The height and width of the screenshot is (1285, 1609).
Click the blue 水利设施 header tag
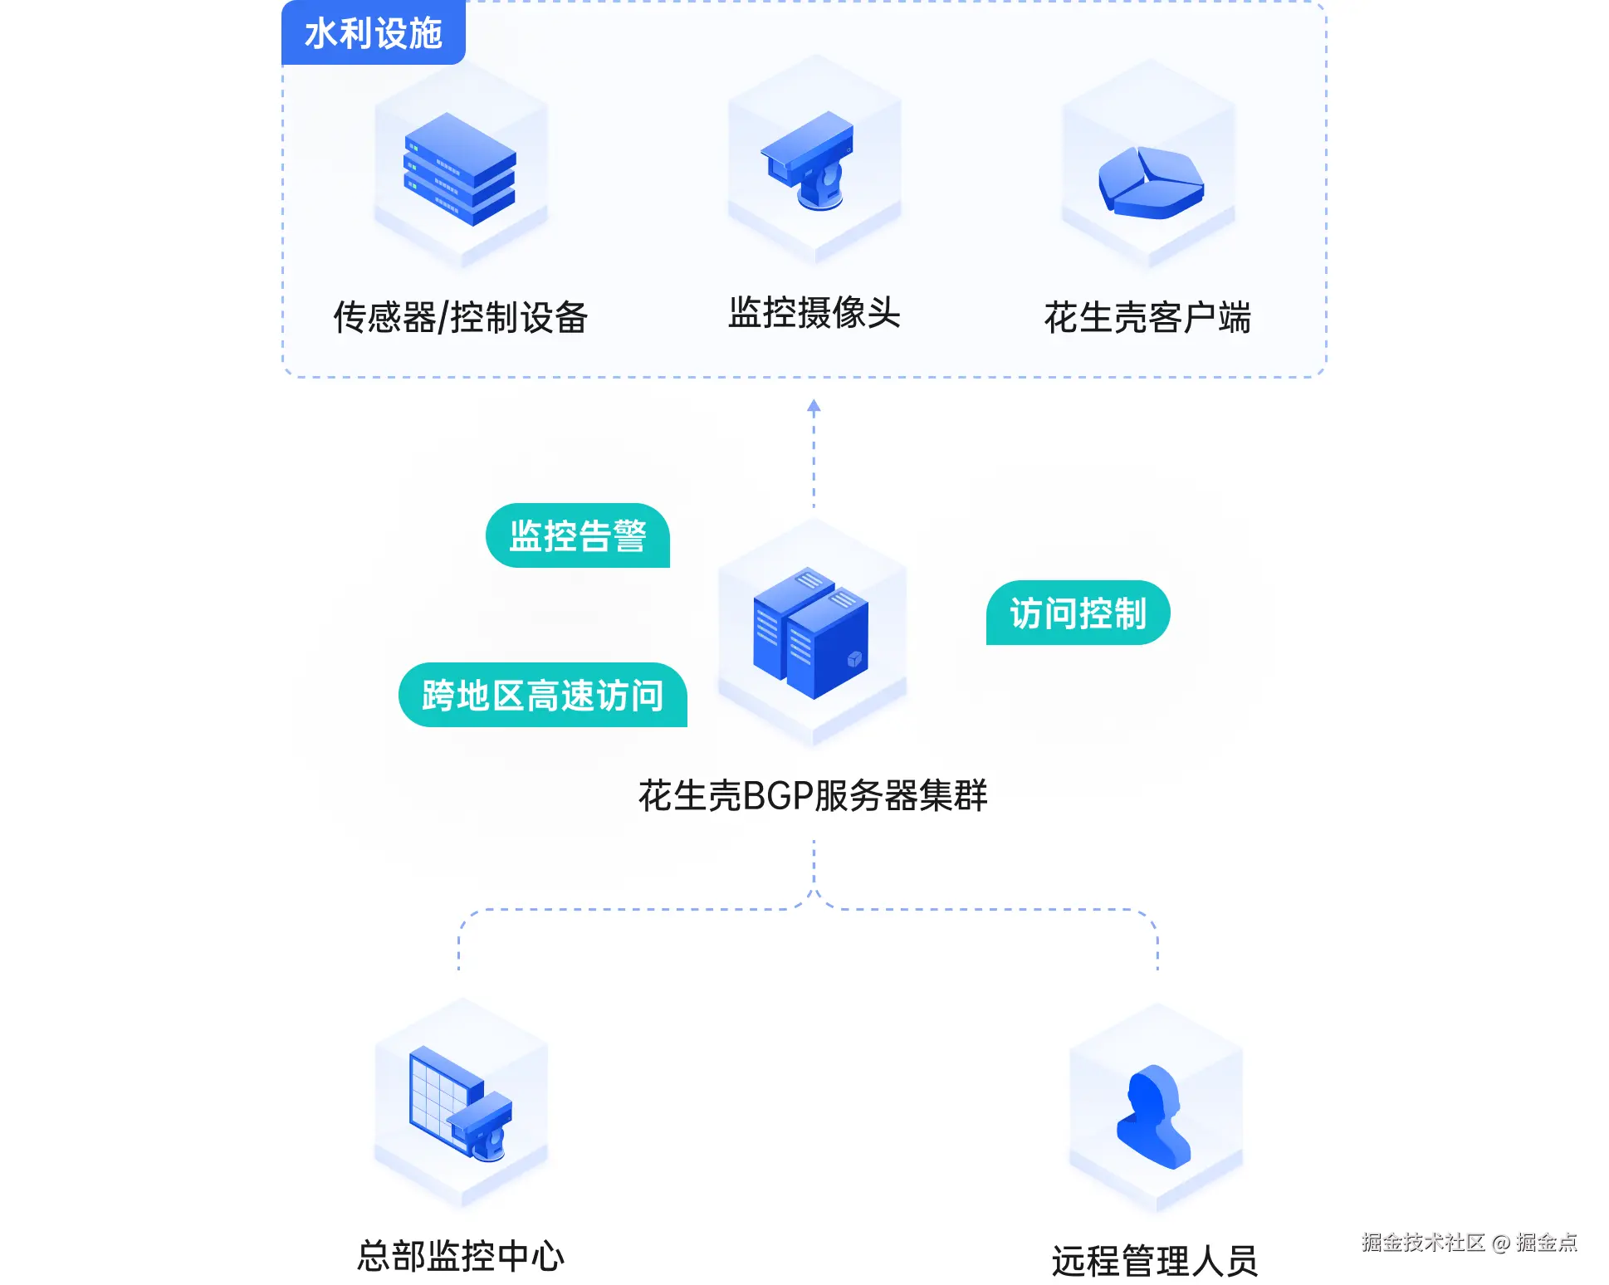374,32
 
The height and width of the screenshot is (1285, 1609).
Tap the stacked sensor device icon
460,169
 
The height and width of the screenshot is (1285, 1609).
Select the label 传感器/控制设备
461,317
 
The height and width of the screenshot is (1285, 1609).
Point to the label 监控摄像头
814,313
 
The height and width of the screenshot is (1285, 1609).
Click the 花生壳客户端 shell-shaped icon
1151,183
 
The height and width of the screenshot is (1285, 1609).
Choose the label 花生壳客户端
1148,317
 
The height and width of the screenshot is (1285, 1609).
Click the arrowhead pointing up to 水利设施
814,406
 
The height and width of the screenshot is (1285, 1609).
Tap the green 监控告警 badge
578,535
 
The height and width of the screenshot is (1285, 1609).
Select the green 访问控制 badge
1078,613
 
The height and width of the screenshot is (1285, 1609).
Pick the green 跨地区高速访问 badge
543,695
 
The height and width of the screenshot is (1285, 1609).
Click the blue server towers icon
811,633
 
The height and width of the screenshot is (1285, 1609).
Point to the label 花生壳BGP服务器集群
814,795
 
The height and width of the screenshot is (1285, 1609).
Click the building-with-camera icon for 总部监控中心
461,1102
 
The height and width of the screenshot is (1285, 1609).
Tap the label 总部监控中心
461,1256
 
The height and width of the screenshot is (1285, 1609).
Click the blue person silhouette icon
1154,1116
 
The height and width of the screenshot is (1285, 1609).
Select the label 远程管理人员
1155,1261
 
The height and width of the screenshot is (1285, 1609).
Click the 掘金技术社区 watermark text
1423,1242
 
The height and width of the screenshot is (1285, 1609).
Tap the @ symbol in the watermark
1500,1243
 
